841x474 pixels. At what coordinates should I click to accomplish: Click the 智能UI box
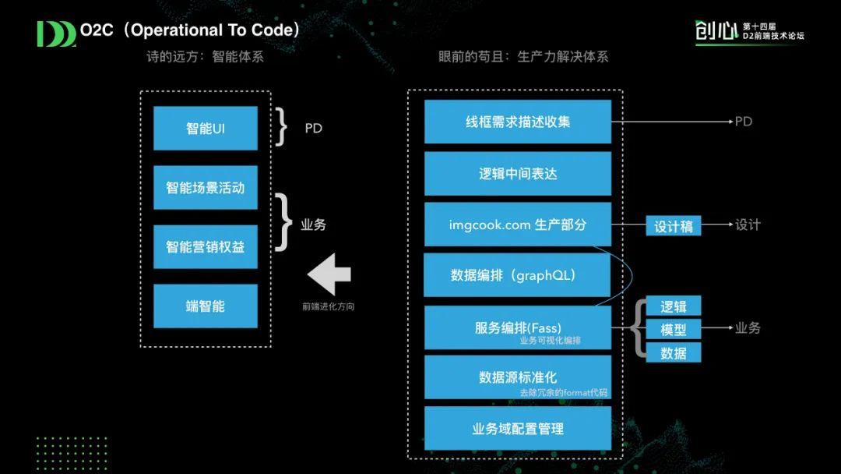[x=205, y=128]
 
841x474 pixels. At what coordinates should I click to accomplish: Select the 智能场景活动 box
[x=205, y=187]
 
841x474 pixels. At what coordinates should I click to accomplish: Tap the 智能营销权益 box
[x=205, y=246]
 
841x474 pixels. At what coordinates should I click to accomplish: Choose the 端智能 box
[x=205, y=306]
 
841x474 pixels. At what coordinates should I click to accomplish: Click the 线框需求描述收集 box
[x=517, y=122]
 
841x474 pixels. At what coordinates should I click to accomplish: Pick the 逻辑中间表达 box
[x=517, y=173]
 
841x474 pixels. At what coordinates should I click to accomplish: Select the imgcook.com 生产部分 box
[x=517, y=225]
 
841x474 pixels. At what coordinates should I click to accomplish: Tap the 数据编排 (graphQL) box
[x=517, y=275]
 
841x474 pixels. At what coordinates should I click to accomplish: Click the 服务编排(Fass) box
[x=517, y=327]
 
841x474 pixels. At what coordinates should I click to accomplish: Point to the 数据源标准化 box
[x=517, y=377]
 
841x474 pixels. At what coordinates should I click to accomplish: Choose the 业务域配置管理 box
[x=517, y=428]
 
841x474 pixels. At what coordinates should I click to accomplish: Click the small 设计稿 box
[x=673, y=226]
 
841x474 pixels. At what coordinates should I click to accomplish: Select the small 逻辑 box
[x=673, y=306]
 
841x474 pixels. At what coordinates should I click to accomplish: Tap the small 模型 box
[x=673, y=329]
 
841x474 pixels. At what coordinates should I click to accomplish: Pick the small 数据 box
[x=673, y=352]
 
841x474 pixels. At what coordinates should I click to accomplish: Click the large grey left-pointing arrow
[x=329, y=274]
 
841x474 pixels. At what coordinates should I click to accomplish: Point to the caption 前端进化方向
[x=328, y=306]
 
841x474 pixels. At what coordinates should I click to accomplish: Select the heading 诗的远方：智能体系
[x=205, y=57]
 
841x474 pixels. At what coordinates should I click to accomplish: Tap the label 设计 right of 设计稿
[x=748, y=225]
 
